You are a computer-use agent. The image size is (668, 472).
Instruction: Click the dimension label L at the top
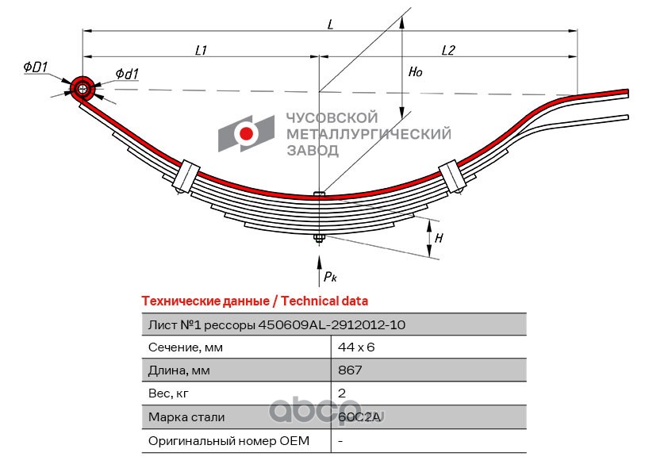[x=331, y=25]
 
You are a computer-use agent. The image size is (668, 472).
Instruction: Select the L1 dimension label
[x=201, y=50]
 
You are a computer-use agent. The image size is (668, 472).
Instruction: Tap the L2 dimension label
[x=448, y=50]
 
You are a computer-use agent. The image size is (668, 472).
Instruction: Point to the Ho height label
[x=416, y=71]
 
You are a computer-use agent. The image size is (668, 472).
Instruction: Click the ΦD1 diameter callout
[x=36, y=67]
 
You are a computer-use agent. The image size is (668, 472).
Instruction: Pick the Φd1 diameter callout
[x=127, y=74]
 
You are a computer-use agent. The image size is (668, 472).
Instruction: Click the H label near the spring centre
[x=439, y=238]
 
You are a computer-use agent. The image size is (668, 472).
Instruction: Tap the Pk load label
[x=330, y=277]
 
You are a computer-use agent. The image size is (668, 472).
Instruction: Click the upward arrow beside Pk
[x=319, y=271]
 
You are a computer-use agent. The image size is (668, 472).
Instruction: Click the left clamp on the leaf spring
[x=186, y=176]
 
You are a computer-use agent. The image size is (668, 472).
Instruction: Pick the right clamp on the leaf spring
[x=451, y=176]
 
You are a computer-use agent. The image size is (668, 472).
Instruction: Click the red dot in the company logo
[x=246, y=133]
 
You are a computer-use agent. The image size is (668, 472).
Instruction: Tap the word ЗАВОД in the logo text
[x=313, y=151]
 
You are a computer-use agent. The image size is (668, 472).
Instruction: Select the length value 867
[x=350, y=370]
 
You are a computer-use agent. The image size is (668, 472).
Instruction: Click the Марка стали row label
[x=186, y=417]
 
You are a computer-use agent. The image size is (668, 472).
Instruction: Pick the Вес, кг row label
[x=168, y=393]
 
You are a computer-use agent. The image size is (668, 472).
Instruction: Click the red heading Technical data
[x=324, y=301]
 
